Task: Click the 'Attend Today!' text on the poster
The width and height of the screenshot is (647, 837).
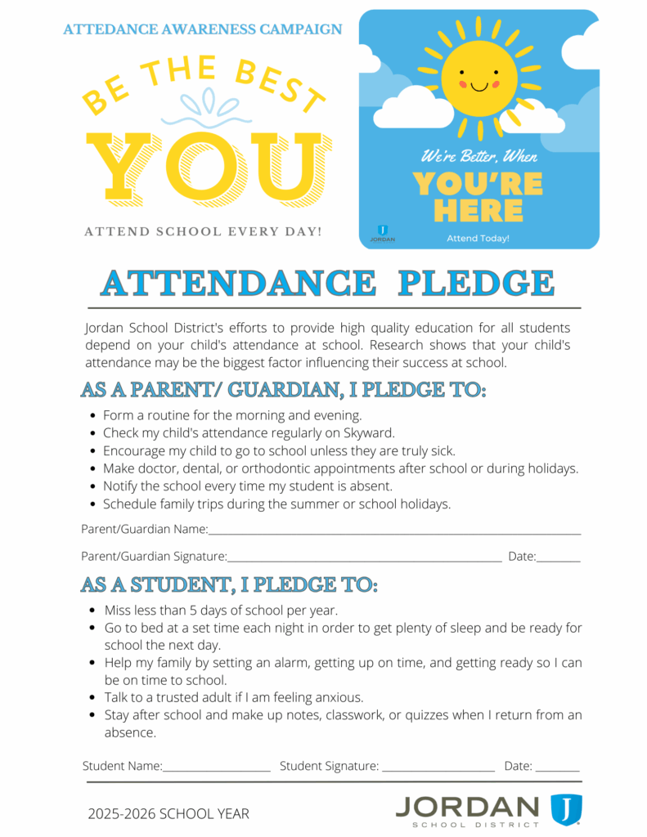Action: click(x=478, y=238)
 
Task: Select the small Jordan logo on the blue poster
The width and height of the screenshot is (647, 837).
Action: click(x=382, y=234)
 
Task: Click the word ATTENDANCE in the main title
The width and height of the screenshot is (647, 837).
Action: click(x=238, y=283)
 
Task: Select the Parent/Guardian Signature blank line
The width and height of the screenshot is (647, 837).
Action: click(x=364, y=560)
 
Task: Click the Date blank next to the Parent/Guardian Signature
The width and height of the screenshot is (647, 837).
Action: click(x=559, y=560)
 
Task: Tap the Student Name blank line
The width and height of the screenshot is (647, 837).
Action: click(x=216, y=769)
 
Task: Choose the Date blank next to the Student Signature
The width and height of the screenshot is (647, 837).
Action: click(x=558, y=769)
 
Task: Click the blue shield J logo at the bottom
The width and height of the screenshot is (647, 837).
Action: click(x=565, y=809)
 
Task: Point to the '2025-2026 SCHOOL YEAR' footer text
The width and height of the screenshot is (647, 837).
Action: click(x=168, y=813)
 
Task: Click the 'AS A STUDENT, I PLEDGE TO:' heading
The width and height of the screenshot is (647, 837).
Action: click(x=229, y=585)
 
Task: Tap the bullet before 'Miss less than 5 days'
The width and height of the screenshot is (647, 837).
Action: click(x=92, y=611)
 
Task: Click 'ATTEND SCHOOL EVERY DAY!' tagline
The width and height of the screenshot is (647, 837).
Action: click(x=203, y=232)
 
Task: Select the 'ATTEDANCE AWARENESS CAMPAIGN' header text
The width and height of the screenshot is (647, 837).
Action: click(x=203, y=29)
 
